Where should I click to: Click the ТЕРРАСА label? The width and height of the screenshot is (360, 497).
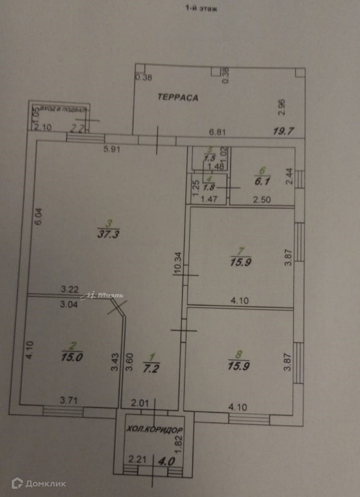(x=177, y=97)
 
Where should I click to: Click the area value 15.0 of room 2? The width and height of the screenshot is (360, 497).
(x=72, y=358)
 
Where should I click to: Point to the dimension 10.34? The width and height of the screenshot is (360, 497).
(x=178, y=263)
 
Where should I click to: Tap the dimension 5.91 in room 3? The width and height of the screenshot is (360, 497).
(x=112, y=150)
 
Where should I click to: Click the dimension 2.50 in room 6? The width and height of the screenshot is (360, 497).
(x=262, y=199)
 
